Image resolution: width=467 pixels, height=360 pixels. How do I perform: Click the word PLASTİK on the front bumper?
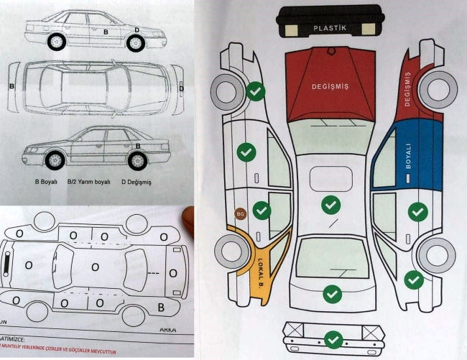[330, 28]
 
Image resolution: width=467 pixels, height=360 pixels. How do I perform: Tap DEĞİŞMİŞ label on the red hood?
[330, 86]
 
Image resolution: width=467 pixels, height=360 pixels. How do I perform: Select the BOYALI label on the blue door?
[408, 154]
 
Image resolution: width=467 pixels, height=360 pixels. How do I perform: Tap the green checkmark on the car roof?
[330, 206]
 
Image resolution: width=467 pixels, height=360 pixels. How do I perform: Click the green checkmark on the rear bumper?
[332, 339]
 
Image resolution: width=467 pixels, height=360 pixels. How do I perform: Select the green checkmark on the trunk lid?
[331, 293]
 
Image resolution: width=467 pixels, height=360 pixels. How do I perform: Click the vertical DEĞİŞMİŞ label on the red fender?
[408, 89]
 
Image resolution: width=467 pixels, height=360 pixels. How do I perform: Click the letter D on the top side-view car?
[137, 30]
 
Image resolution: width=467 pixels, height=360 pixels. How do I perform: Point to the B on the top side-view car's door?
[106, 32]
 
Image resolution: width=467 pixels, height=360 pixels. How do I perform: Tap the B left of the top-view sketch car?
[11, 86]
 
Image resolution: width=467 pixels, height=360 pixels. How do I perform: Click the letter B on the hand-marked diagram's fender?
[161, 307]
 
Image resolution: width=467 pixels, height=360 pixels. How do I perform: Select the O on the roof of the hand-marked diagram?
[95, 267]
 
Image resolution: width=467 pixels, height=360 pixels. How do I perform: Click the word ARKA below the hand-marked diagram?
[167, 329]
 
